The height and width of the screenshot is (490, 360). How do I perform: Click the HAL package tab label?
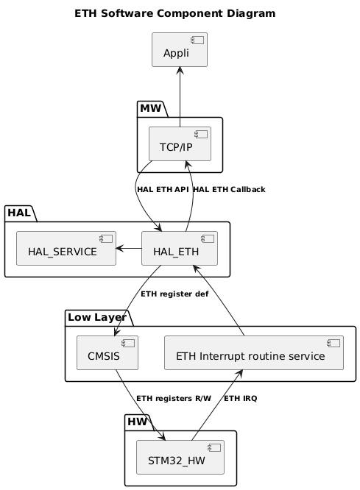(20, 213)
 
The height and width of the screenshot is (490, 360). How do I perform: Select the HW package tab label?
(138, 422)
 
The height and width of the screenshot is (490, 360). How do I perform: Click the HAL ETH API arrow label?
(163, 190)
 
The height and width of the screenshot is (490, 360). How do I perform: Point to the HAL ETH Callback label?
(228, 190)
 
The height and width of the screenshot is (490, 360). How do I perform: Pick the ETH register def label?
(174, 294)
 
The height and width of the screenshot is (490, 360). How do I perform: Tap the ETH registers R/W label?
(174, 399)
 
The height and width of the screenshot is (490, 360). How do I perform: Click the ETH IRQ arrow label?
(241, 399)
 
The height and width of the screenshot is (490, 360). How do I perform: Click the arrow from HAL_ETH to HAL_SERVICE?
(128, 249)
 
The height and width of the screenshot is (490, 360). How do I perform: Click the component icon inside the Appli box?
(199, 39)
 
